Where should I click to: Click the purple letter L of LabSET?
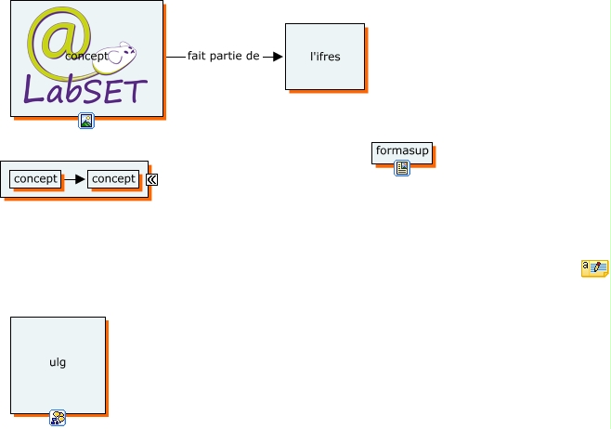coord(33,90)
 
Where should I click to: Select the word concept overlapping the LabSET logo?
coord(86,56)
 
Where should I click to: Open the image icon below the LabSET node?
coord(86,121)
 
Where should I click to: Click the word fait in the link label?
coord(197,56)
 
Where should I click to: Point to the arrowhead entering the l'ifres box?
coord(278,57)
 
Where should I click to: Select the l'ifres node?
coord(325,57)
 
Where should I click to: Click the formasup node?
coord(402,150)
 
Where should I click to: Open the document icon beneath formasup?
coord(402,168)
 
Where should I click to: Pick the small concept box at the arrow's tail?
coord(35,178)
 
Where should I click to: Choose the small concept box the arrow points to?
coord(113,178)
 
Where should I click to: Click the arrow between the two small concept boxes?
coord(74,178)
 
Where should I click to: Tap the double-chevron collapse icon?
coord(151,180)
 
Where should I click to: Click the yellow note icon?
coord(594,268)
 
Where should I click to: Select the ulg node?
coord(58,363)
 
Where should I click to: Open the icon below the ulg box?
coord(58,418)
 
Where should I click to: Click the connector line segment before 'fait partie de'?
coord(175,57)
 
